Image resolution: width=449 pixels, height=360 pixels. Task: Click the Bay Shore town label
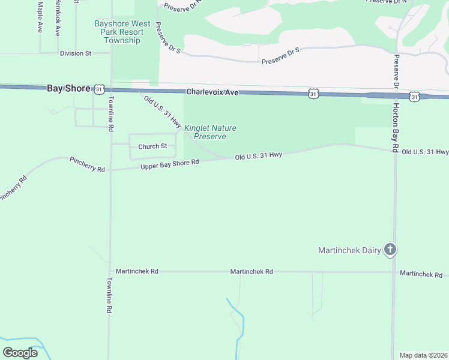click(68, 88)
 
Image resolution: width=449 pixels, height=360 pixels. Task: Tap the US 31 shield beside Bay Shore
click(100, 89)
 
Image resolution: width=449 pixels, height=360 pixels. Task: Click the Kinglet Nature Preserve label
click(209, 132)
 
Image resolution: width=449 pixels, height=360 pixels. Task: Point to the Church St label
click(152, 146)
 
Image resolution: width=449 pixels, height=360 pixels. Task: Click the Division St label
click(75, 53)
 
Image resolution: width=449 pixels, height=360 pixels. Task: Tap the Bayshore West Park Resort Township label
click(119, 32)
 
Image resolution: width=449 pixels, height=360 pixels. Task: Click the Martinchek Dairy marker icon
click(390, 250)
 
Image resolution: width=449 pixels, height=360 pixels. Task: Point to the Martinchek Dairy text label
click(349, 250)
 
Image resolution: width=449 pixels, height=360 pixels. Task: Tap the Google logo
click(20, 352)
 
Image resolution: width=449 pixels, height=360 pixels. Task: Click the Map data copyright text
click(424, 355)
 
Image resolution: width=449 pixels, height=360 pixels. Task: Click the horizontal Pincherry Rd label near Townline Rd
click(87, 164)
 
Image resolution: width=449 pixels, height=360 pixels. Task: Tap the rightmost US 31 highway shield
click(414, 96)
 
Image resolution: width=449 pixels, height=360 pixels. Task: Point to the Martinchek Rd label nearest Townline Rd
click(137, 272)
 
